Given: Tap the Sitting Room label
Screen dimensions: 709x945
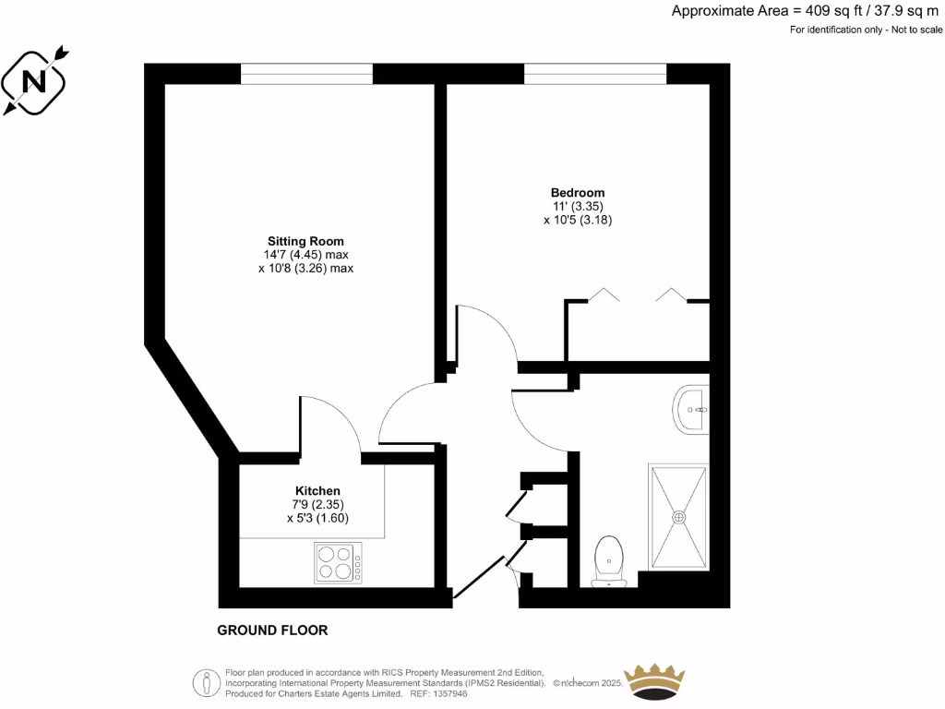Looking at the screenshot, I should point(305,241).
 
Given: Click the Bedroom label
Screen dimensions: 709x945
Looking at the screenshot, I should point(578,193).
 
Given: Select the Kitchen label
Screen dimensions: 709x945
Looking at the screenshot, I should point(317,490).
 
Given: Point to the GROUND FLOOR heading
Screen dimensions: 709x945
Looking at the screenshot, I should point(272,631).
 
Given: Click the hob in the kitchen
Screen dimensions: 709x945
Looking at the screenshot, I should point(338,562).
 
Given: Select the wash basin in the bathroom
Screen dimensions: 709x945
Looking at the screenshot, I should point(693,408).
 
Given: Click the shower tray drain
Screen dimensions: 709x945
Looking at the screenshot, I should point(680,517).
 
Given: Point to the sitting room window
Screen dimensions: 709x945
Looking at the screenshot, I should point(306,74).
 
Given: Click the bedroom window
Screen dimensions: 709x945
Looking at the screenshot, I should point(594,74).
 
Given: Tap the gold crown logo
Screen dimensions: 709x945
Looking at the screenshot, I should point(656,681).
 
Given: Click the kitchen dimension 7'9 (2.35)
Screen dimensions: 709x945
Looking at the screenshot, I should point(317,505).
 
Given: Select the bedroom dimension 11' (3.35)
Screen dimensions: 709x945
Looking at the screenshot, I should point(578,207).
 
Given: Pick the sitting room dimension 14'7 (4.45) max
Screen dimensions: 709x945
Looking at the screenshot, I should point(305,255).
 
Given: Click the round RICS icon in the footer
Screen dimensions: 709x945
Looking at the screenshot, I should point(205,682).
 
